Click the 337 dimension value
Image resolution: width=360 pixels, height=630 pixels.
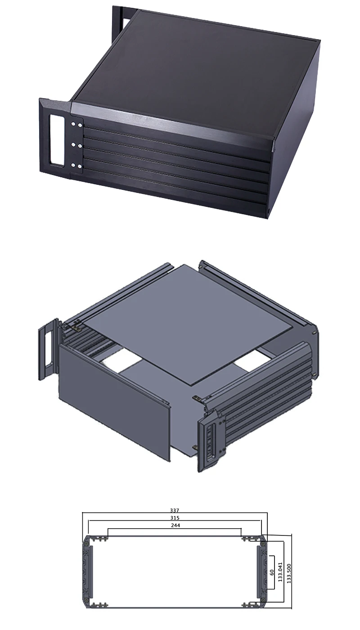pyautogui.click(x=174, y=510)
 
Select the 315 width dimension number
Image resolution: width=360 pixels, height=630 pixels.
pyautogui.click(x=175, y=518)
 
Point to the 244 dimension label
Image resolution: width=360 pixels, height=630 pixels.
pyautogui.click(x=175, y=526)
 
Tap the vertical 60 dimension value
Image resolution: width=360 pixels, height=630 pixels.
pyautogui.click(x=271, y=572)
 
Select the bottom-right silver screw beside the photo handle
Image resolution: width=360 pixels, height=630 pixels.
pyautogui.click(x=80, y=166)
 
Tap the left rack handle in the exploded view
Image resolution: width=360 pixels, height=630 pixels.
pyautogui.click(x=48, y=349)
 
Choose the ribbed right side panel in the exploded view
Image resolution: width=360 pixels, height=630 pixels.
pyautogui.click(x=265, y=387)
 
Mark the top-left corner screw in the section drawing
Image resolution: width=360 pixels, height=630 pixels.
pyautogui.click(x=85, y=544)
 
